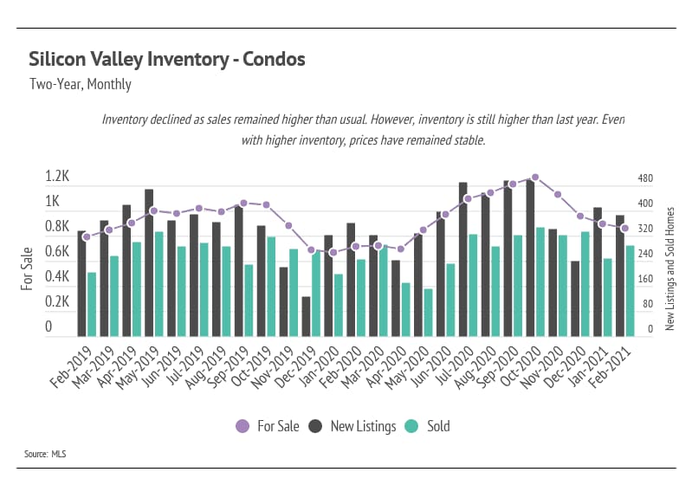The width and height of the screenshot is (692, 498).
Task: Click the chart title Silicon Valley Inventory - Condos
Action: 167,60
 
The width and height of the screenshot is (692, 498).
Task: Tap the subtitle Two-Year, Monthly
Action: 80,85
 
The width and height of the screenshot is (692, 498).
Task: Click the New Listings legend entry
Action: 353,426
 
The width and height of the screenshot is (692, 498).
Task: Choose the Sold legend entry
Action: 428,426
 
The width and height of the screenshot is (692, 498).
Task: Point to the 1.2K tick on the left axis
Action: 57,177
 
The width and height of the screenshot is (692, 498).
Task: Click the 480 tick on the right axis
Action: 645,179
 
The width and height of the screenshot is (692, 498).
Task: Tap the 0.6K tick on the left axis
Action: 57,252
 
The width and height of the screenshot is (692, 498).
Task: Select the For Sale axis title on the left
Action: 28,268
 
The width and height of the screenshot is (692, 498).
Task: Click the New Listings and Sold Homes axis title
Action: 669,268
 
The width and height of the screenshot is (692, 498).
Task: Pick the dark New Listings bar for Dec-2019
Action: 306,316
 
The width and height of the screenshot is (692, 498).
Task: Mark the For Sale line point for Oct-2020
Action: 535,178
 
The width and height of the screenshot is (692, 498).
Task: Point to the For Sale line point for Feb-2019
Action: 86,236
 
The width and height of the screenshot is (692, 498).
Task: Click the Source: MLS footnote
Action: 45,453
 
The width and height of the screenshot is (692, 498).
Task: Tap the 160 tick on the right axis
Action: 645,280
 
